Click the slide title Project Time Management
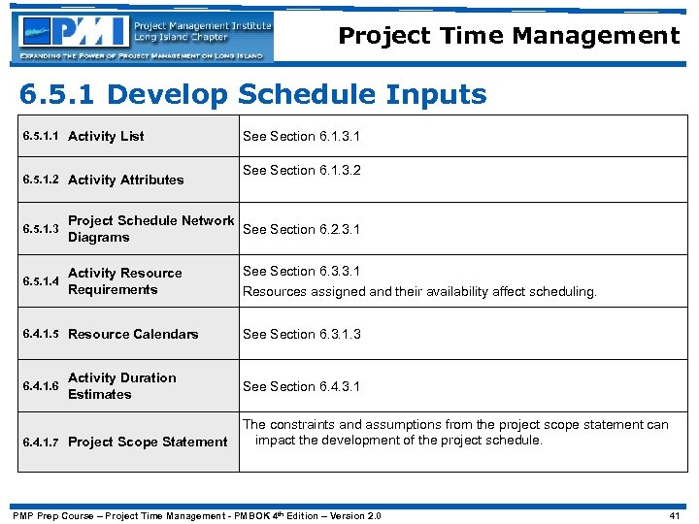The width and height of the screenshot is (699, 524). click(x=509, y=37)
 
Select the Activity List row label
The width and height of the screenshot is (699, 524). click(x=106, y=137)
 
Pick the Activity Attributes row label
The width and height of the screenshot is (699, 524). click(x=125, y=180)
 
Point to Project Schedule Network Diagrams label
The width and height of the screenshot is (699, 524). click(x=150, y=229)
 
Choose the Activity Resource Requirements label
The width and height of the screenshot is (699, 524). click(x=125, y=281)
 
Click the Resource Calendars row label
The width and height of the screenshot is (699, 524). click(x=133, y=334)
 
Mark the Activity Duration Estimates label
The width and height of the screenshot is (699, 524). click(x=121, y=386)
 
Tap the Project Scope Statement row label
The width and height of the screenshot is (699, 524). click(x=148, y=442)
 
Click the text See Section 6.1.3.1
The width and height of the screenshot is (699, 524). click(x=301, y=137)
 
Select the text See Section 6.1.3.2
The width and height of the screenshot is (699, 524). click(x=301, y=170)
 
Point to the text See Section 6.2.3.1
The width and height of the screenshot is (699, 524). click(x=301, y=230)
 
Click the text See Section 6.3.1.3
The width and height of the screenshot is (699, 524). click(x=301, y=334)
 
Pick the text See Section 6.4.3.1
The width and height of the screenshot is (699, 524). click(x=301, y=386)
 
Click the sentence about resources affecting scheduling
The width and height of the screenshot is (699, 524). click(x=419, y=291)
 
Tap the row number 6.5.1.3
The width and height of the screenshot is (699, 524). click(x=41, y=229)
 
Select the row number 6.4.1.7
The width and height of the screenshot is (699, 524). click(x=41, y=442)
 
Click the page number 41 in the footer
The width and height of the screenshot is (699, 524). click(x=675, y=515)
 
